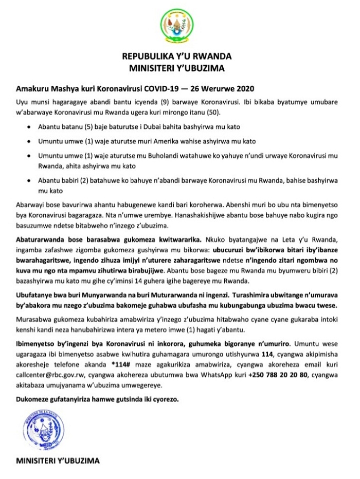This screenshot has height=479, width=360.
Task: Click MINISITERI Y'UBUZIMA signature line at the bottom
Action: point(57,459)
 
